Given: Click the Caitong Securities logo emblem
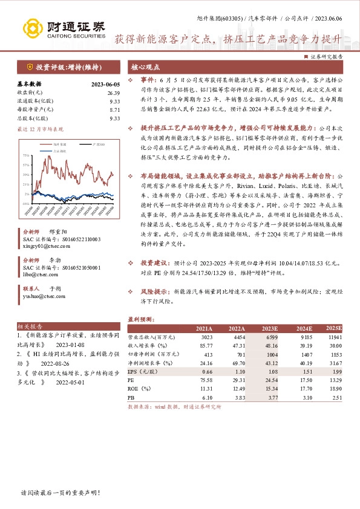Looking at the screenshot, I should point(32,28).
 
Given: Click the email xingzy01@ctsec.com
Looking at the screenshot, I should point(45,247).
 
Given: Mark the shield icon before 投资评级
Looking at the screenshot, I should point(29,66).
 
